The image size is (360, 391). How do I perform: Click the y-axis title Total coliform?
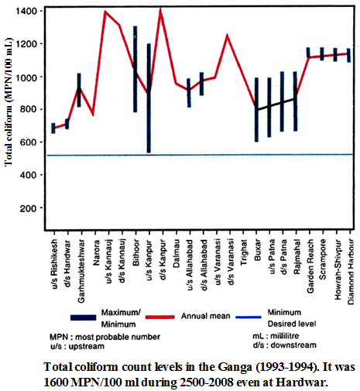(9, 109)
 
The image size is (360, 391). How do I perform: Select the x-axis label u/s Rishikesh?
(53, 262)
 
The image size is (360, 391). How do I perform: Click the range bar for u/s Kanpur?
(149, 98)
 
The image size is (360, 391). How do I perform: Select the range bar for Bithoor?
(135, 69)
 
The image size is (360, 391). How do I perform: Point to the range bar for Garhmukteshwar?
(79, 90)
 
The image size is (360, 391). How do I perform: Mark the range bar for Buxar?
(256, 109)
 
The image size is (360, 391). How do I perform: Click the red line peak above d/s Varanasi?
(227, 35)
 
